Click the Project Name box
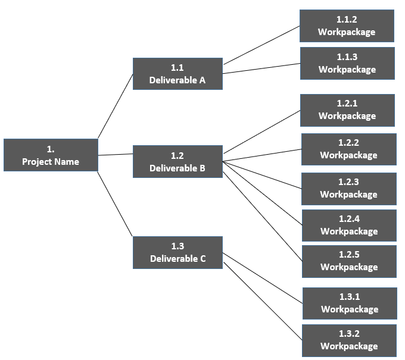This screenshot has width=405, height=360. click(51, 155)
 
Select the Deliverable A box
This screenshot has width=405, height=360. click(177, 74)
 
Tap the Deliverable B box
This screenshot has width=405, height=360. click(177, 162)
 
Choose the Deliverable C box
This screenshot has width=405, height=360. click(177, 252)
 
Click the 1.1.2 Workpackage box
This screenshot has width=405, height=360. click(347, 26)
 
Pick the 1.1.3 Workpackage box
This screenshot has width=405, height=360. click(347, 64)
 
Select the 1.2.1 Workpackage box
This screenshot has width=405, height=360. click(347, 110)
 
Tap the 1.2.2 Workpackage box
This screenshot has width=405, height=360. click(348, 149)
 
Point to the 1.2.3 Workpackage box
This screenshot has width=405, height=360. click(348, 189)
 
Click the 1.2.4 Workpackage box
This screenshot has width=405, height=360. click(349, 226)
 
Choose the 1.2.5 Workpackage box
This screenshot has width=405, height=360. click(349, 261)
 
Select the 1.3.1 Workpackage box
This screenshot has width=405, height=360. click(350, 303)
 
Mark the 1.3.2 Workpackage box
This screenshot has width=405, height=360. click(349, 340)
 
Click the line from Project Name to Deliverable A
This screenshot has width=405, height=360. click(115, 106)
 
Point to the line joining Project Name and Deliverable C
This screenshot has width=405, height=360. click(115, 204)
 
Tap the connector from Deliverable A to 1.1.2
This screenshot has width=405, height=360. click(261, 45)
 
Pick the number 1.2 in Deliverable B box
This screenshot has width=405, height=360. click(177, 156)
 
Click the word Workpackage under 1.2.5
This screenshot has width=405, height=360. click(349, 267)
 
